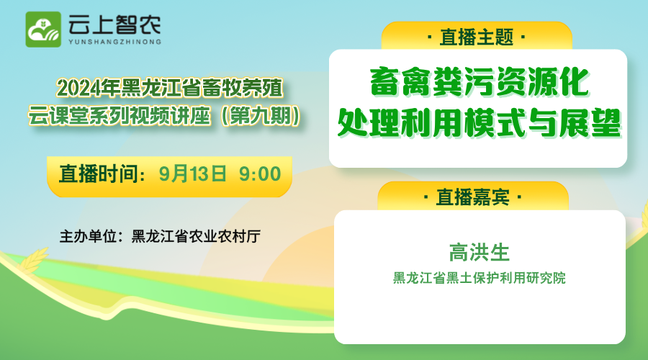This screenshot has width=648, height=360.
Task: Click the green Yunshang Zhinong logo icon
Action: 43,30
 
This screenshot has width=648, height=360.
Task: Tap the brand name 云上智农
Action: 114,24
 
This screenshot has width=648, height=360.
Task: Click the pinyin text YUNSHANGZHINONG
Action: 115,42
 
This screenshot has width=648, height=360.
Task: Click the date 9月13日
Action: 192,174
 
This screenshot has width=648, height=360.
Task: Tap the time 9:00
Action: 260,174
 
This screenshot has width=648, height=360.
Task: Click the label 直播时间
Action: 99,174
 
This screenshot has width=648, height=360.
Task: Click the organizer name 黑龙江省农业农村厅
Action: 196,236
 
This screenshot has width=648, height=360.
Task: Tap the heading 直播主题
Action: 477,37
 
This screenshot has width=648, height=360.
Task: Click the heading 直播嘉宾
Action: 473,197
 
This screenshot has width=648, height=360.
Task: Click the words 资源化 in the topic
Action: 543,82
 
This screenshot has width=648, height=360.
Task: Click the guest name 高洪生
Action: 480,253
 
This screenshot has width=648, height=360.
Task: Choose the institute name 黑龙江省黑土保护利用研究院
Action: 480,278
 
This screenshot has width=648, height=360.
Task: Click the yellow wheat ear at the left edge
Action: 34,260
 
